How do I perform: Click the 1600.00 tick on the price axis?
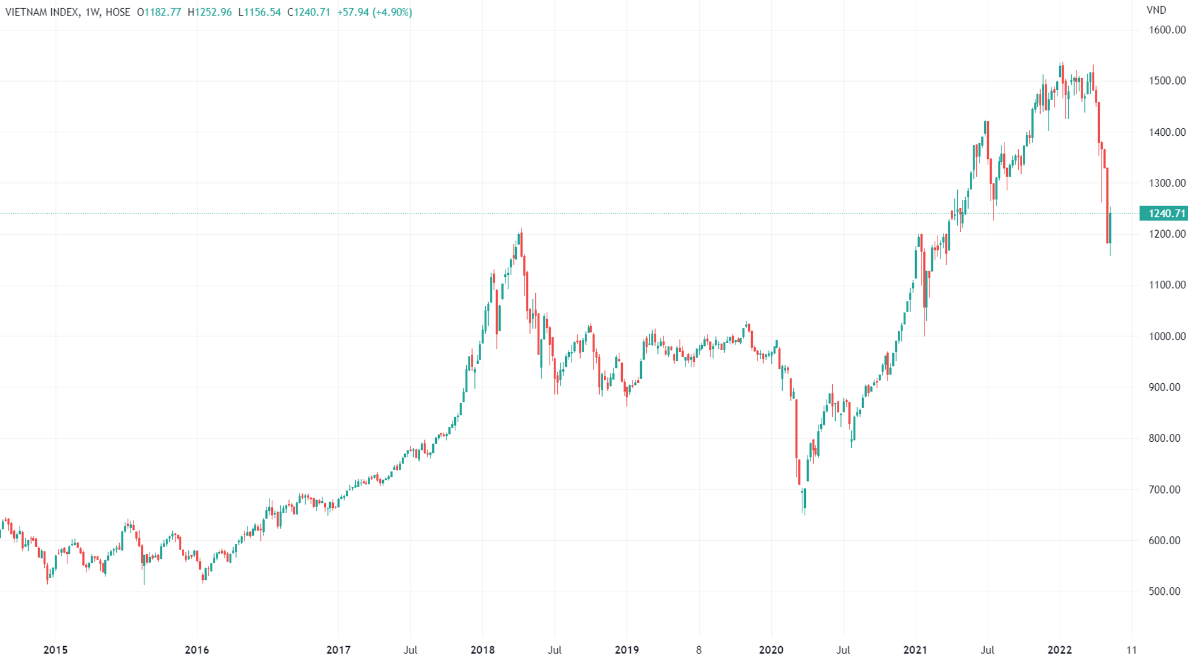1167,30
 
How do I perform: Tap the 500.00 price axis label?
1164,591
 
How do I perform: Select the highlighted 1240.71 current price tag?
1164,213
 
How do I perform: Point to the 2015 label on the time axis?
55,650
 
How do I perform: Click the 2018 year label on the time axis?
482,650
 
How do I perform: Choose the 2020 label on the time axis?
771,650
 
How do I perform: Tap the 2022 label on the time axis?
1059,650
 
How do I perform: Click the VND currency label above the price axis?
1156,10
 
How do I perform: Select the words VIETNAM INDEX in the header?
42,12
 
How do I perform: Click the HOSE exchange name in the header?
118,12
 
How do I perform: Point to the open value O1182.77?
159,12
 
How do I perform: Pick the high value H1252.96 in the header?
210,12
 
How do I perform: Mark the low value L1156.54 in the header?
260,12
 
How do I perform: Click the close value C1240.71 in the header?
309,12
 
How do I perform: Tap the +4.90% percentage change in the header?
392,12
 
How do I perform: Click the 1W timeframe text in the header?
92,12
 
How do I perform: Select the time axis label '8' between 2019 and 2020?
699,650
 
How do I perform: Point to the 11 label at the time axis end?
1132,650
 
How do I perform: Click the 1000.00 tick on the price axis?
1167,336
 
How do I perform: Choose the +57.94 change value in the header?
353,12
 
